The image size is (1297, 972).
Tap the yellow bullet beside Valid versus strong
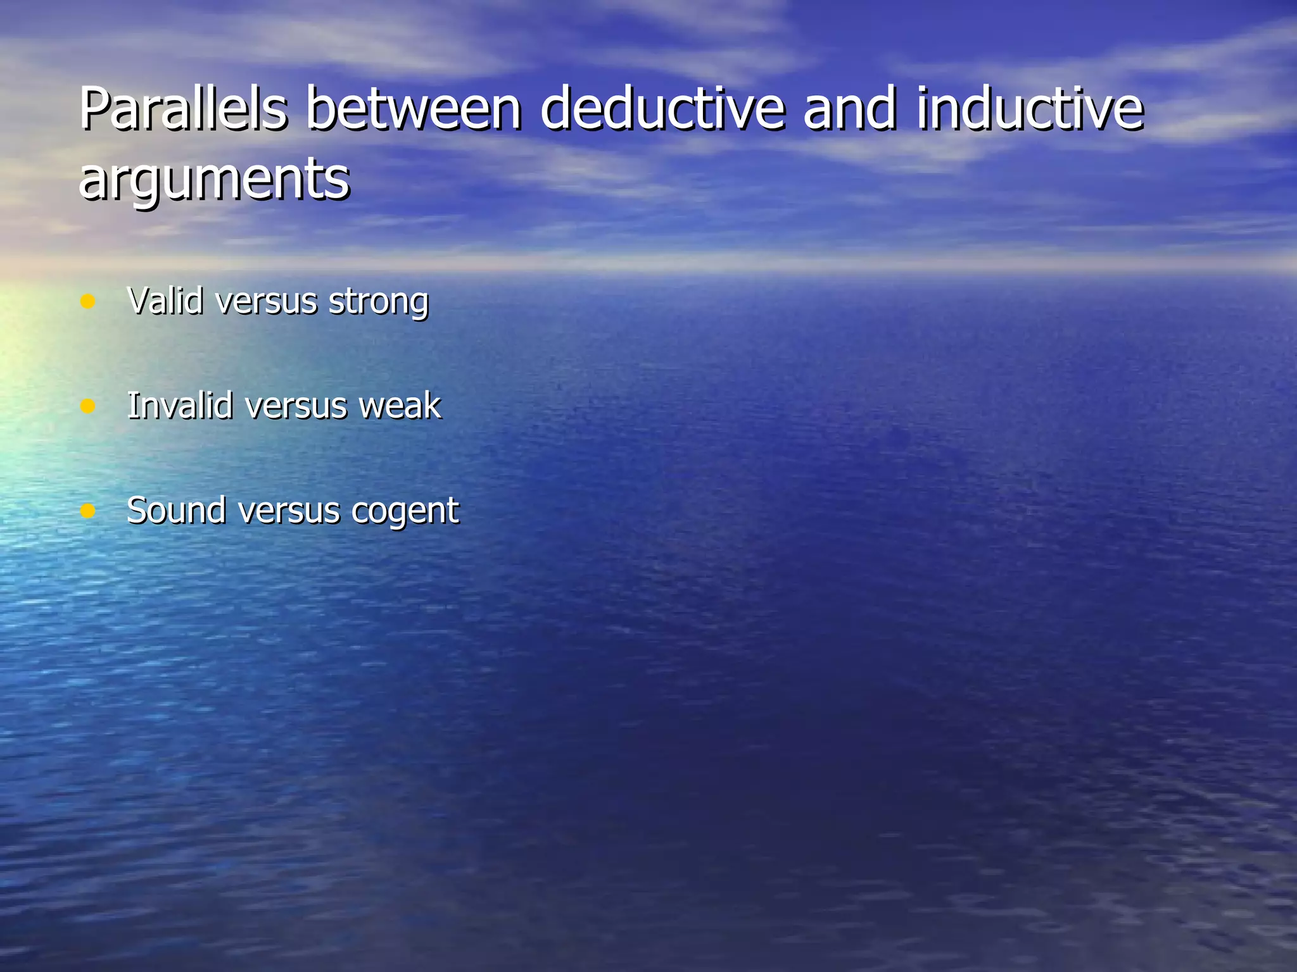(88, 301)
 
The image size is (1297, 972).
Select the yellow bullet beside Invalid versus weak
(88, 406)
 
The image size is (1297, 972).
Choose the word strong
(378, 302)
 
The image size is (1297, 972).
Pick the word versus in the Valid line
(266, 302)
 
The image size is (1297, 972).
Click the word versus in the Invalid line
(296, 406)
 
